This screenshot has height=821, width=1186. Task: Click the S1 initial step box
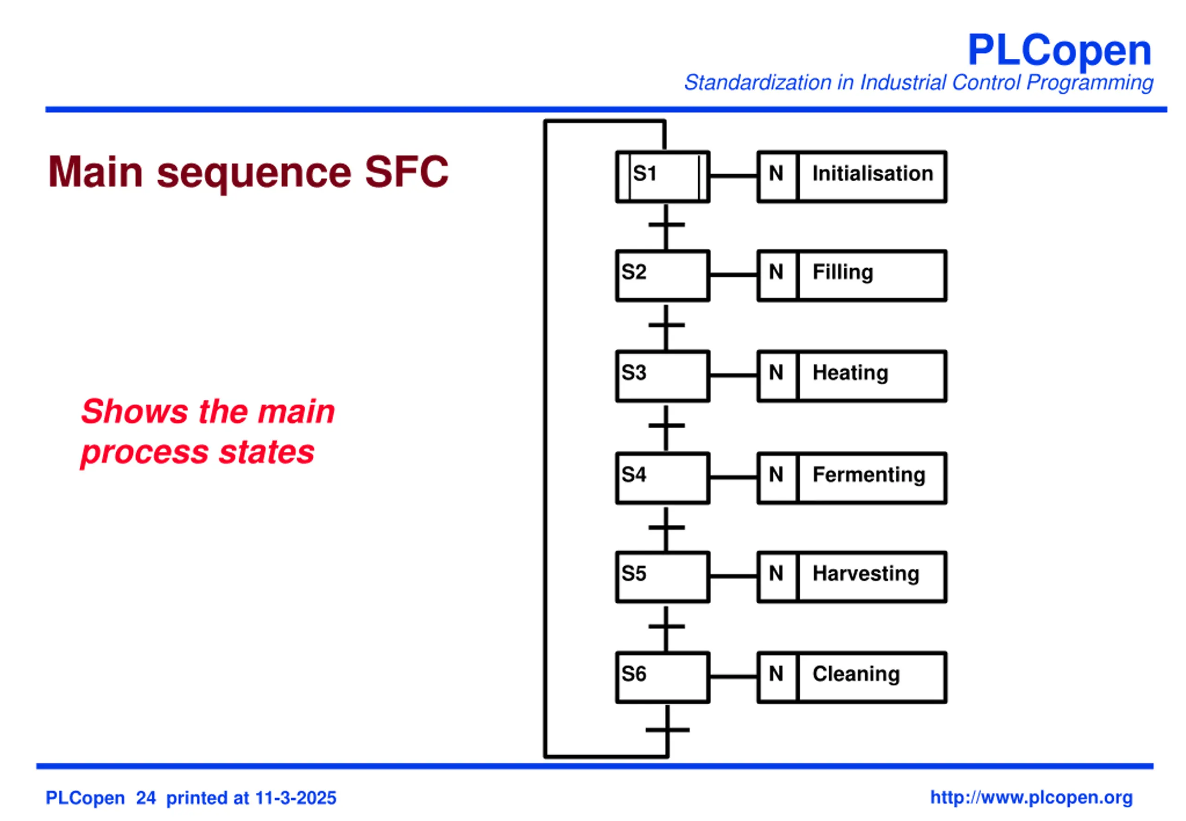point(662,177)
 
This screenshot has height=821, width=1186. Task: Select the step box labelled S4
point(662,478)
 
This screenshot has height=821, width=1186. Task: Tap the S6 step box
point(662,677)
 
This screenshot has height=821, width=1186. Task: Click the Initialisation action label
point(872,173)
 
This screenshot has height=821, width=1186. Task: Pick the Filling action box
point(852,276)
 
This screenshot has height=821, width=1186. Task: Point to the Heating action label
point(850,373)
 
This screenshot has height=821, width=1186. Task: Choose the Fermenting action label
point(869,474)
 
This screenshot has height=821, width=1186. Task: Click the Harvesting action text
point(865,574)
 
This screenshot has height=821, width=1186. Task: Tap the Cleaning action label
point(856,674)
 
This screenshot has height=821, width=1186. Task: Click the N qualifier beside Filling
point(776,272)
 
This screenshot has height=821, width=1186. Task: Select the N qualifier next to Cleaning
point(776,674)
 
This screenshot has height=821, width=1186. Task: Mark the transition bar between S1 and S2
point(667,225)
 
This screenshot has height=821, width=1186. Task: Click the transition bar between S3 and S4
point(667,425)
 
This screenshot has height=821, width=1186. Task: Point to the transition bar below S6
point(668,729)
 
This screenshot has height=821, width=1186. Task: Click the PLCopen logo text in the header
point(1059,51)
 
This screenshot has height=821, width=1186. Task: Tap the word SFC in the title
point(406,171)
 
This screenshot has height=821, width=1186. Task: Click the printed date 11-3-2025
point(296,798)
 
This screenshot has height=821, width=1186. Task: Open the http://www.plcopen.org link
point(1031,797)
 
